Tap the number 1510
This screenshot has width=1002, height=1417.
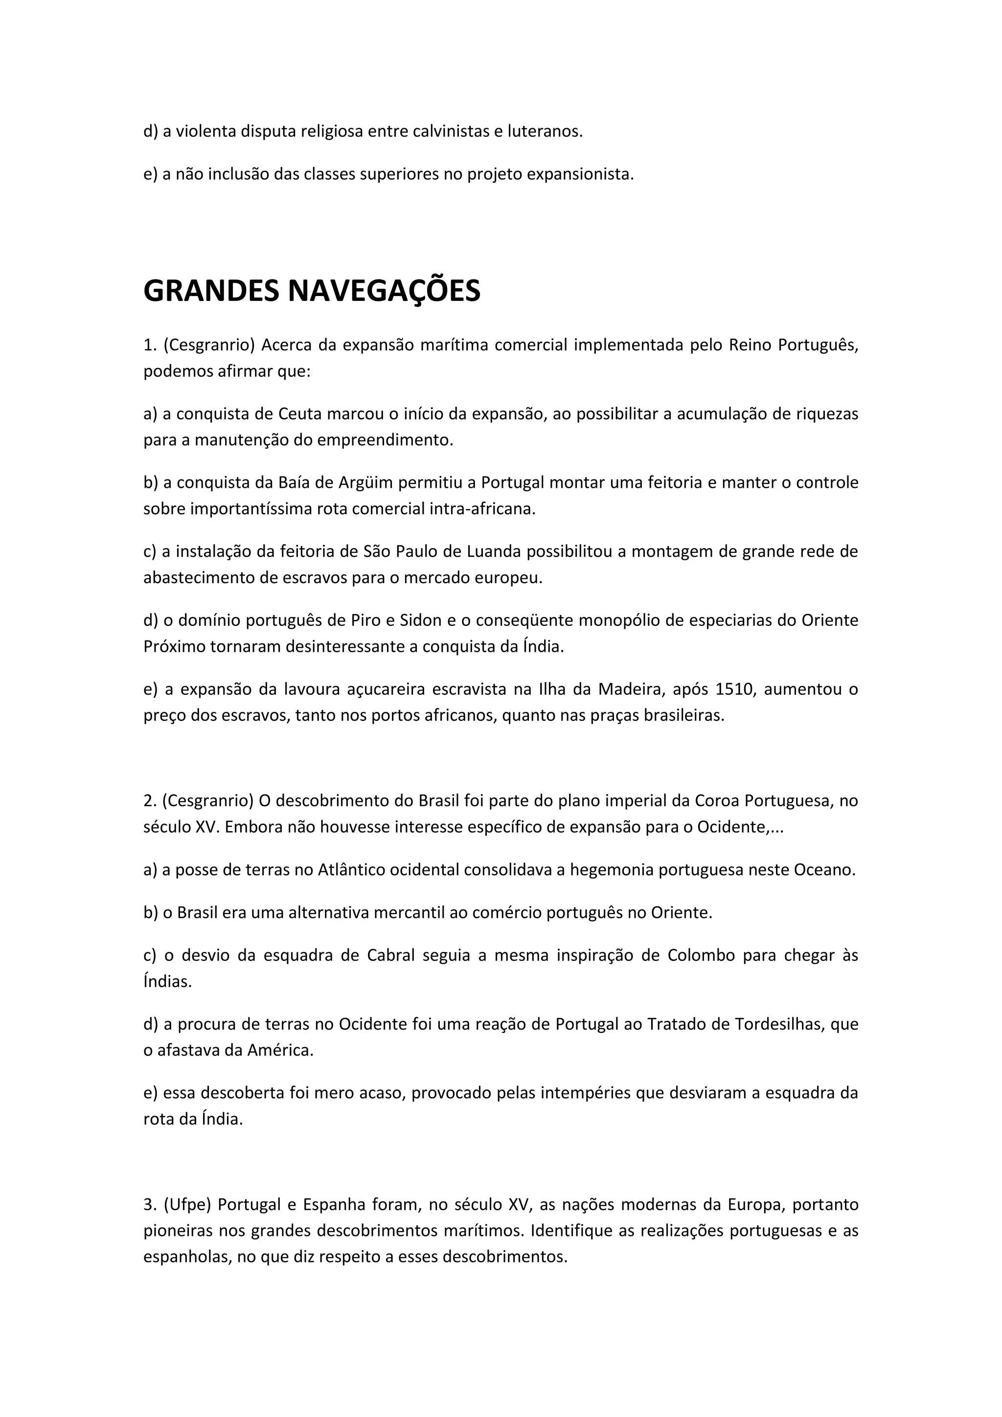coord(735,689)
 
